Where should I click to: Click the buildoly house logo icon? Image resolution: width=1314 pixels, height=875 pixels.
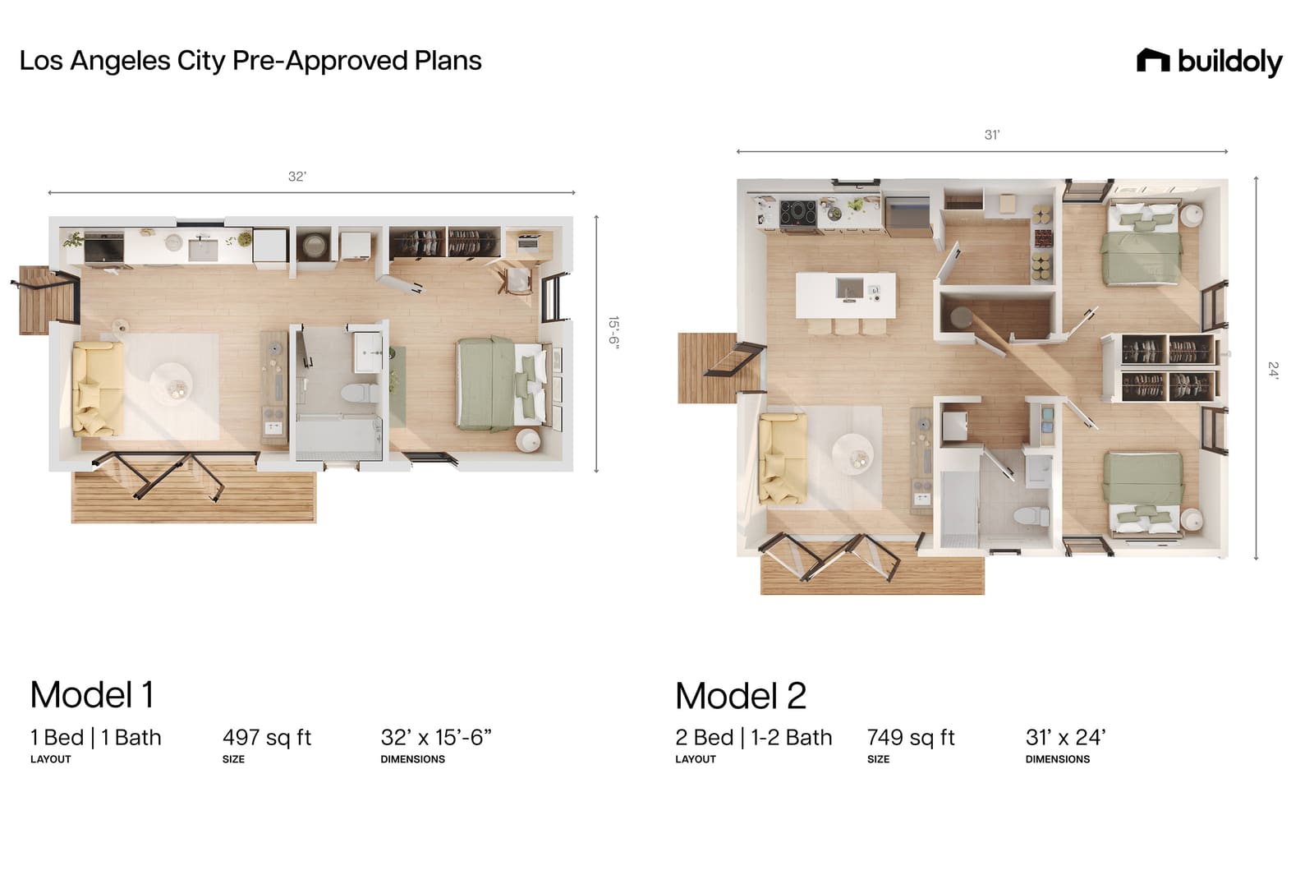pyautogui.click(x=1153, y=61)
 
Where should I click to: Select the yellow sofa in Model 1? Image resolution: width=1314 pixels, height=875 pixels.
pyautogui.click(x=98, y=389)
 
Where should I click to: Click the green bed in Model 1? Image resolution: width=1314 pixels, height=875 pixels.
pyautogui.click(x=502, y=384)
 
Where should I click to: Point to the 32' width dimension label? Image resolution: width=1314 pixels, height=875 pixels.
pyautogui.click(x=296, y=177)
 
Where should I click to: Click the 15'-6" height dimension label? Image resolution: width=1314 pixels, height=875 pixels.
pyautogui.click(x=613, y=333)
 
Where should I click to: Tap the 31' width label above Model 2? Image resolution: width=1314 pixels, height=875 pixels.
pyautogui.click(x=991, y=135)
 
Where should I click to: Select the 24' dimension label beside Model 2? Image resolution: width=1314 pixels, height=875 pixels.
pyautogui.click(x=1272, y=370)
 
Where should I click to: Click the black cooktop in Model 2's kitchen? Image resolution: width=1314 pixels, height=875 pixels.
pyautogui.click(x=797, y=213)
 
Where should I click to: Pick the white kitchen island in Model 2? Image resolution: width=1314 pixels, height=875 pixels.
pyautogui.click(x=846, y=295)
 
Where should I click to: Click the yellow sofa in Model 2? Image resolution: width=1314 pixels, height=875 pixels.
pyautogui.click(x=782, y=458)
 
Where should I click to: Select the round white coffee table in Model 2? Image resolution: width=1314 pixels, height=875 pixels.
pyautogui.click(x=852, y=454)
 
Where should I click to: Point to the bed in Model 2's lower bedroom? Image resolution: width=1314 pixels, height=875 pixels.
pyautogui.click(x=1142, y=494)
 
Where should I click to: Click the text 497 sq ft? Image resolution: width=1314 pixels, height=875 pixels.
pyautogui.click(x=267, y=737)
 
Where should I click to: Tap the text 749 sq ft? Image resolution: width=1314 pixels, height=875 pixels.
pyautogui.click(x=911, y=737)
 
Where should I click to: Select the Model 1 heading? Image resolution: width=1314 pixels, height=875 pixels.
pyautogui.click(x=92, y=694)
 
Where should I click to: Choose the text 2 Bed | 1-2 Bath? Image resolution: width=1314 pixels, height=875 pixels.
pyautogui.click(x=754, y=737)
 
